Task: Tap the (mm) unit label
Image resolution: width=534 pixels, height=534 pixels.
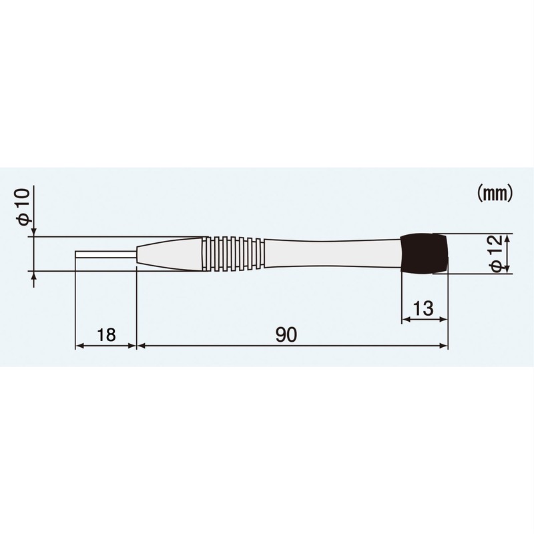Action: coord(494,194)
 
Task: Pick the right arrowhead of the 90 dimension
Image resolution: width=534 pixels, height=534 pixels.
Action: coord(444,346)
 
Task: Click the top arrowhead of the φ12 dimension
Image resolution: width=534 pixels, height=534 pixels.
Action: coord(509,238)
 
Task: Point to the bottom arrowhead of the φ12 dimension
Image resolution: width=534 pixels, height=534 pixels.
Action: coord(509,270)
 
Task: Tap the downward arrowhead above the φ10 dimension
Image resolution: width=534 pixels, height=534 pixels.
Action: coord(32,232)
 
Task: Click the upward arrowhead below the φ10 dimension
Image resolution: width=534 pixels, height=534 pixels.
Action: coord(32,276)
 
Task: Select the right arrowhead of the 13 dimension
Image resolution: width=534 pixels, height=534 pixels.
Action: coord(444,320)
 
